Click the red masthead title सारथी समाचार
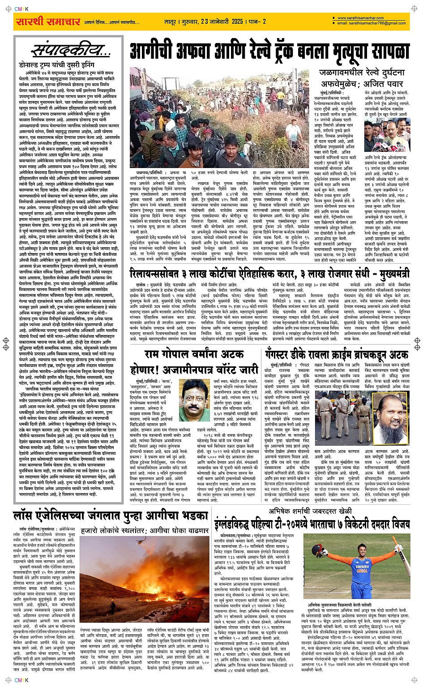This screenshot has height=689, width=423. (x=48, y=22)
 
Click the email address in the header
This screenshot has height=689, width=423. (x=372, y=23)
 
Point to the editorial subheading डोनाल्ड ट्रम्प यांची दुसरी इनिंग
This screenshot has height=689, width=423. (x=56, y=65)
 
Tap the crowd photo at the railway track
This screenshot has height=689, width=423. (x=219, y=117)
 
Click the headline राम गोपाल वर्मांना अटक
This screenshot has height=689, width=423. (x=194, y=354)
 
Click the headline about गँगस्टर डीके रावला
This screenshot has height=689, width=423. (x=336, y=354)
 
